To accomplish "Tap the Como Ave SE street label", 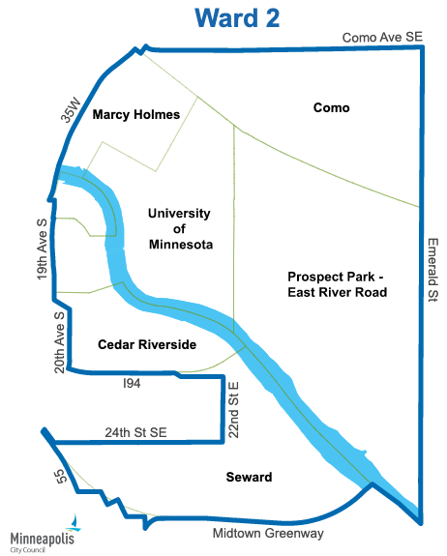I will point(382,38).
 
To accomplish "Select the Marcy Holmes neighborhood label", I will point(136,115).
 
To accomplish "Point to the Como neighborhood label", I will point(331,108).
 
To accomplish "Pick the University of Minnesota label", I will point(180,228).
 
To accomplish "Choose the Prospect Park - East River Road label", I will point(338,284).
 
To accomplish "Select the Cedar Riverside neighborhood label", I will point(147,345).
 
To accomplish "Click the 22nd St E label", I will point(233,409).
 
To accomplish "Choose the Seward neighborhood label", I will point(249,478).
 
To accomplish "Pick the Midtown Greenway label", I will point(268,533).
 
